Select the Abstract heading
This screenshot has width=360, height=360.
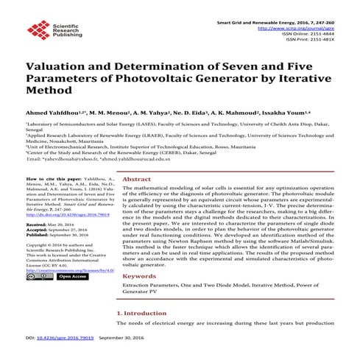(136, 179)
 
